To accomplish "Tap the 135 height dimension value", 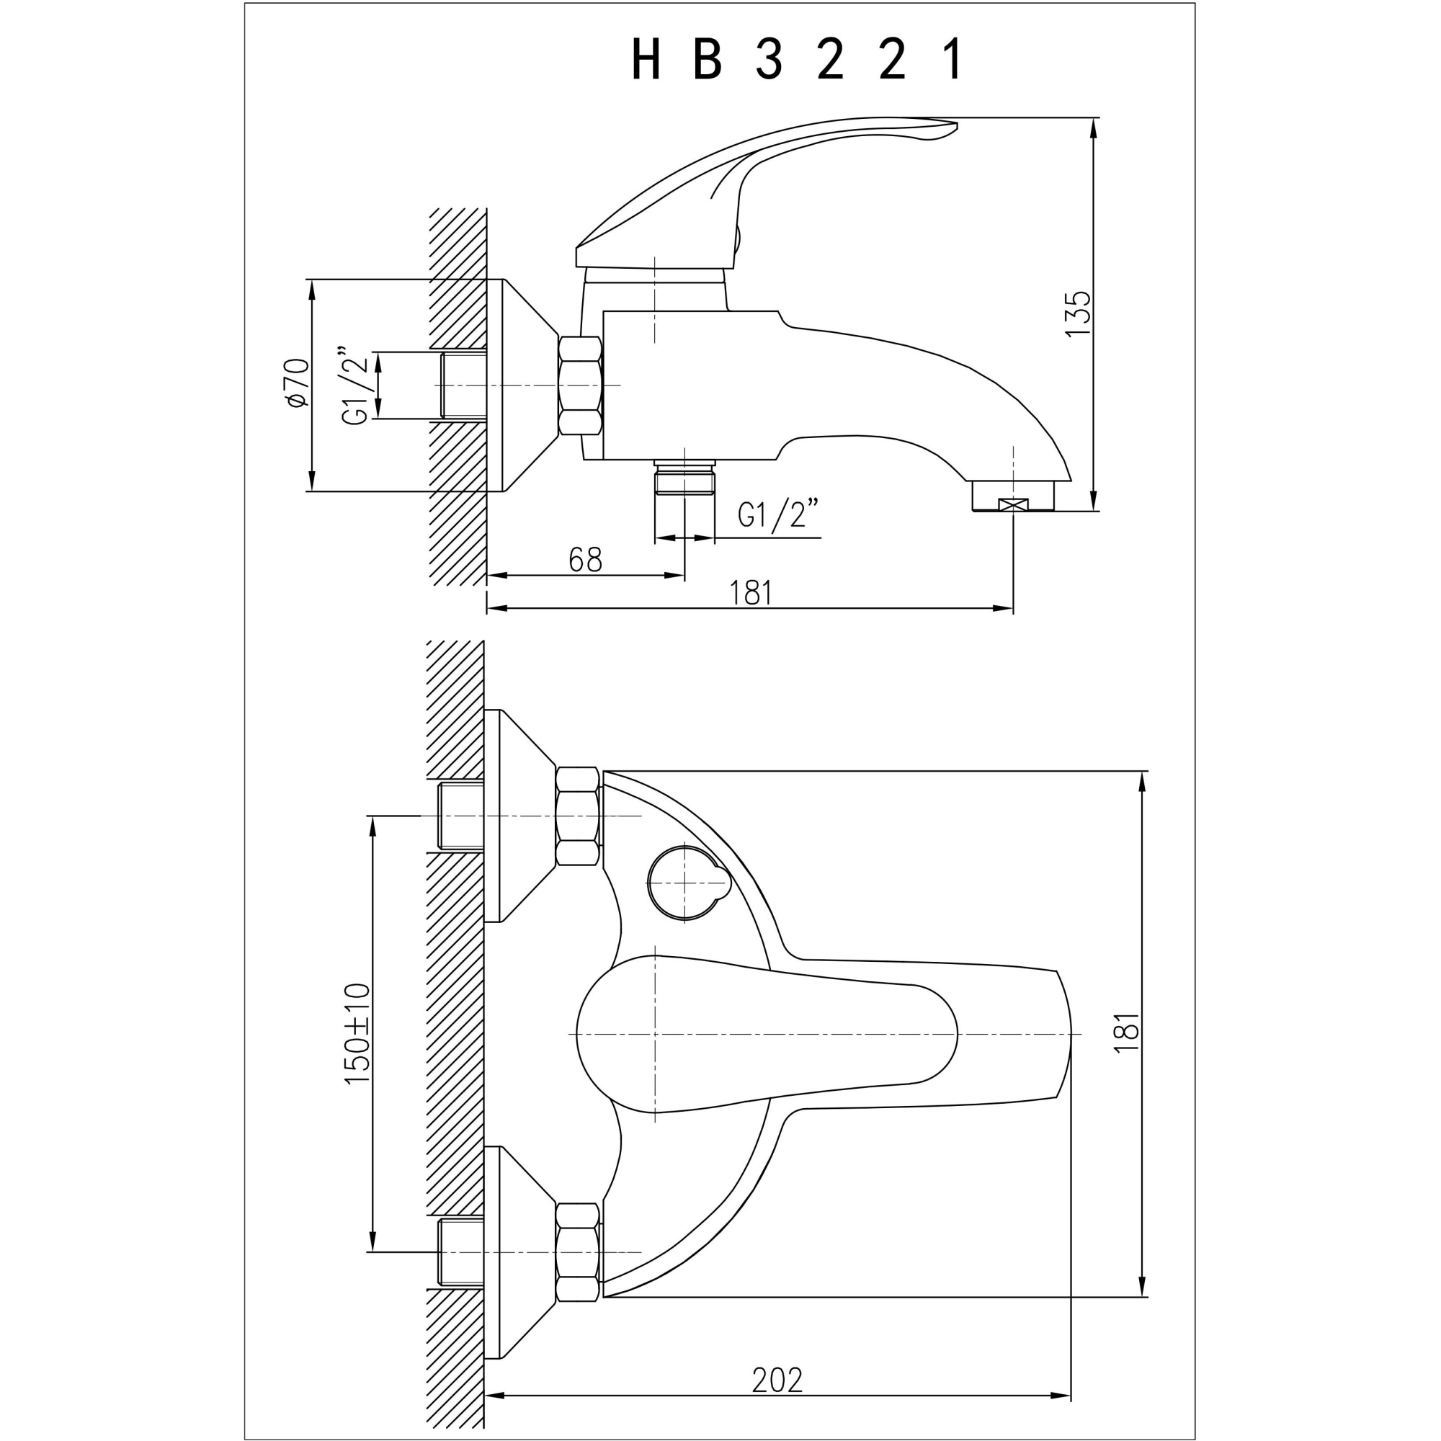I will (1078, 313).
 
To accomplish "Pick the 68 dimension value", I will (585, 559).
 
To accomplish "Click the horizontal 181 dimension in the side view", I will (750, 593).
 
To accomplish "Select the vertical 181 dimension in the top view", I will (1127, 1033).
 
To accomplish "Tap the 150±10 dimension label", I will (357, 1034).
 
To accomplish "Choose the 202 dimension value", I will (777, 1380).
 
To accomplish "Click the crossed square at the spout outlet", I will (1013, 505).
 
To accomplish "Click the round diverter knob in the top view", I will (684, 883).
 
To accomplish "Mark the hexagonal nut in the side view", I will (579, 385).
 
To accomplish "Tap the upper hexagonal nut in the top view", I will (578, 816).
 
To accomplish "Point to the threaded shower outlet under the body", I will (684, 479).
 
